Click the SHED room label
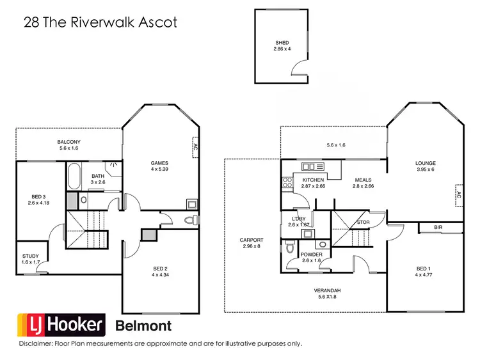point(282,43)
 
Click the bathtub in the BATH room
point(72,175)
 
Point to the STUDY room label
point(31,256)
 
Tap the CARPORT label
point(252,240)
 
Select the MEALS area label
point(363,180)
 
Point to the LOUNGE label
point(424,162)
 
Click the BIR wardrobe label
point(438,227)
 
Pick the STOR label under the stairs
point(364,223)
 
